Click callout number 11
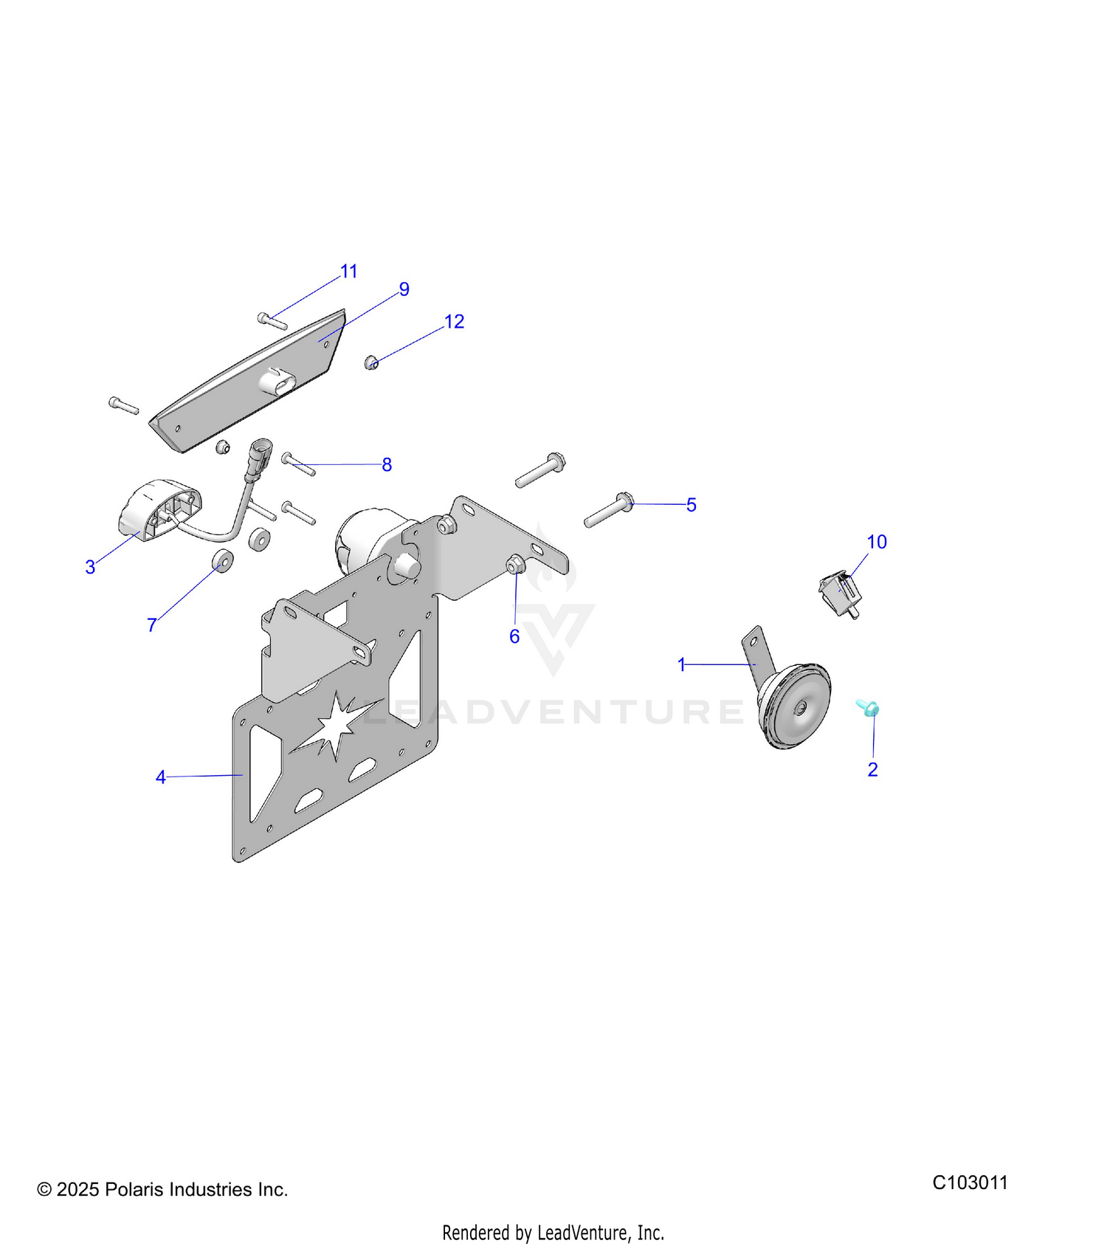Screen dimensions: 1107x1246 click(349, 272)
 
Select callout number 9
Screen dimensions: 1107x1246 click(404, 289)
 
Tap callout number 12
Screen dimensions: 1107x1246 click(454, 322)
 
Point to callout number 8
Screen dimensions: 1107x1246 click(387, 465)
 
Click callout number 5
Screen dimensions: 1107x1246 click(692, 505)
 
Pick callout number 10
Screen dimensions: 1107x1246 click(877, 542)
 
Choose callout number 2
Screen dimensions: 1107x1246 click(872, 769)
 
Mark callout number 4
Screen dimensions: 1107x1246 click(160, 777)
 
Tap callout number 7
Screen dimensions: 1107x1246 click(151, 625)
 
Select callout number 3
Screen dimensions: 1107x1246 click(90, 567)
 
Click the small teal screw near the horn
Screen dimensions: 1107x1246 click(868, 708)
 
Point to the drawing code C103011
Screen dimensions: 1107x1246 click(970, 1183)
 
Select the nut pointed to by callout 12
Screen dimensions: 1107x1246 click(372, 362)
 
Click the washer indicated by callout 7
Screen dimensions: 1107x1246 click(223, 561)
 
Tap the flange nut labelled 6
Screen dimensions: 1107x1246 click(514, 565)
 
